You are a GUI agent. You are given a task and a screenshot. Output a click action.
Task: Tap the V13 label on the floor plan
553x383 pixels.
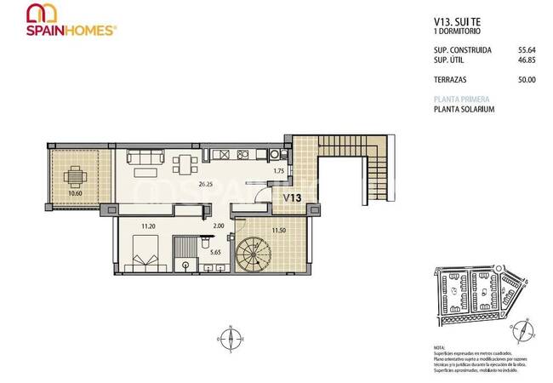(294, 198)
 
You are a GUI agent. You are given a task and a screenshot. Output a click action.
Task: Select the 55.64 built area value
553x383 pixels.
(527, 50)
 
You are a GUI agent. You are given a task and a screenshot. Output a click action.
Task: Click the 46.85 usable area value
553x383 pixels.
(527, 60)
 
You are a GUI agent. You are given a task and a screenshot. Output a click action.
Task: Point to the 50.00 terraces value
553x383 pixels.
(527, 80)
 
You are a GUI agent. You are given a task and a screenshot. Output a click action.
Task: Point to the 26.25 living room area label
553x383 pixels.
(205, 184)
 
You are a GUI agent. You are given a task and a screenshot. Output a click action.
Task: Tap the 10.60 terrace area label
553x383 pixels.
(76, 194)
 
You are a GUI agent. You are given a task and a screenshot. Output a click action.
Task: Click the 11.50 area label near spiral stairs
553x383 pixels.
(277, 230)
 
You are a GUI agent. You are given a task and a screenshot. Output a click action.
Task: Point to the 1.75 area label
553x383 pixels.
(277, 172)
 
